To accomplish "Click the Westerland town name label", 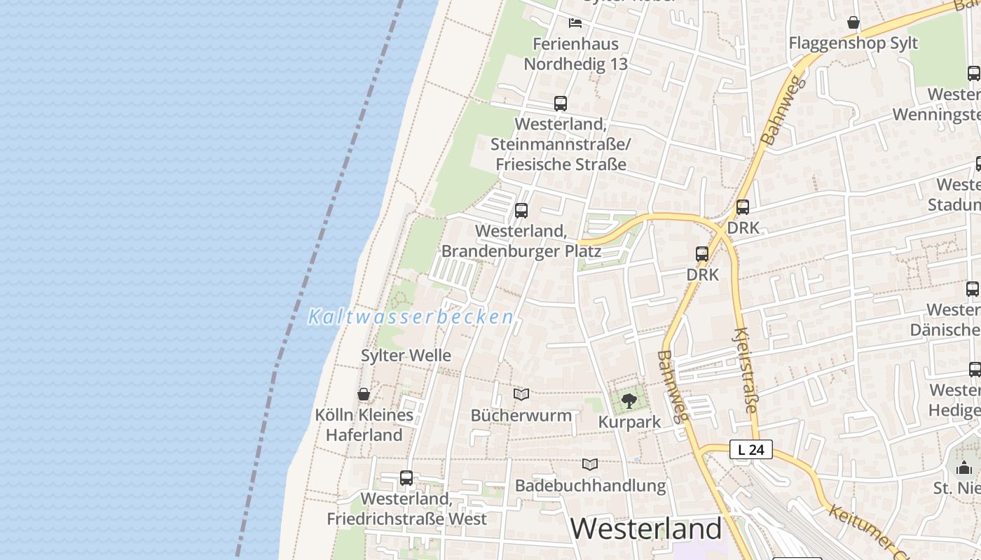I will point(645,528).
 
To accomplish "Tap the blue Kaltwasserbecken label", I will point(411,317).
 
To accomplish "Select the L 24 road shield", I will point(750,449).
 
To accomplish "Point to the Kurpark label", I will point(629,422).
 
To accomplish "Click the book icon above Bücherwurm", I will point(521,394).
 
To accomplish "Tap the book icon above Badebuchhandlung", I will point(590,464).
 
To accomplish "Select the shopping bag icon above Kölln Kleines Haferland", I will point(364,394).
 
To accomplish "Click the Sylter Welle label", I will point(406,356).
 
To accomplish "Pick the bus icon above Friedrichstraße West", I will point(406,478).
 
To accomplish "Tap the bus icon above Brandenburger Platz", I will point(521,210).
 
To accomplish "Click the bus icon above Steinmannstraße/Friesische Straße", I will point(560,104).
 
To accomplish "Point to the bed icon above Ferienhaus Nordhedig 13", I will point(575,23).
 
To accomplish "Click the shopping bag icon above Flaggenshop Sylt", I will point(853,23).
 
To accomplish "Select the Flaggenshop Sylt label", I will point(853,43).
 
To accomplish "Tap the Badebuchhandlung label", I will point(590,485).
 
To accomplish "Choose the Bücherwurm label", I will point(521,415).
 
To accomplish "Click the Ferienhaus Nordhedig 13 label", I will point(575,54).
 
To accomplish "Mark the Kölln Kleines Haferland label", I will point(364,425).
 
